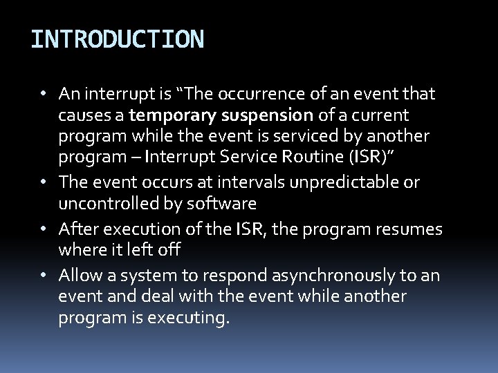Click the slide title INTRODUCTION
pyautogui.click(x=117, y=39)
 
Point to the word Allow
pyautogui.click(x=78, y=275)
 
